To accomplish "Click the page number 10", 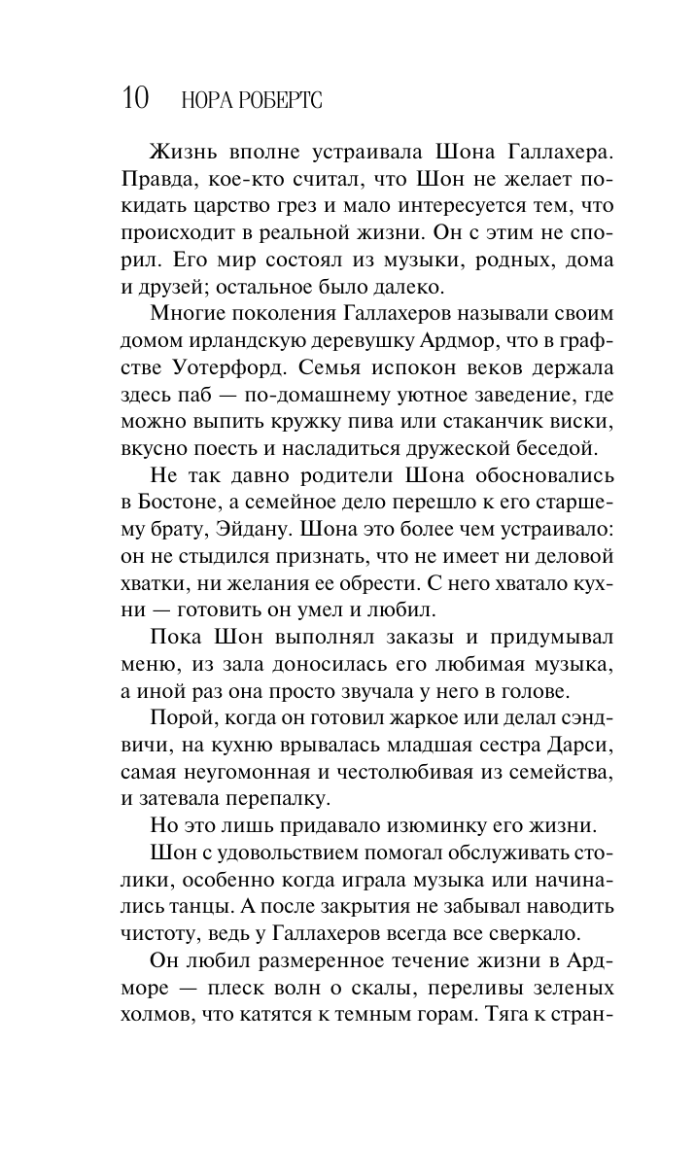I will click(136, 97).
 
